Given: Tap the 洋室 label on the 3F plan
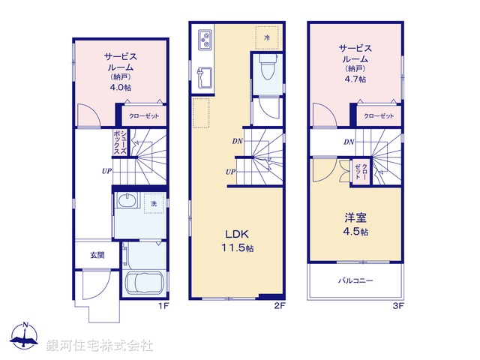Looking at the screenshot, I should click(x=355, y=218).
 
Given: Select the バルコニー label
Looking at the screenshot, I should click(x=355, y=280).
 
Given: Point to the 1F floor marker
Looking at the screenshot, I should click(x=163, y=306).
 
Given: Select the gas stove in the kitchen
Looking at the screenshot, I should click(x=205, y=40).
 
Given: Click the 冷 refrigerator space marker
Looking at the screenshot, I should click(x=267, y=36).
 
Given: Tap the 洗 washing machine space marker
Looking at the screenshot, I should click(x=154, y=203).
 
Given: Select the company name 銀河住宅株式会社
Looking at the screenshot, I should click(x=100, y=346).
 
